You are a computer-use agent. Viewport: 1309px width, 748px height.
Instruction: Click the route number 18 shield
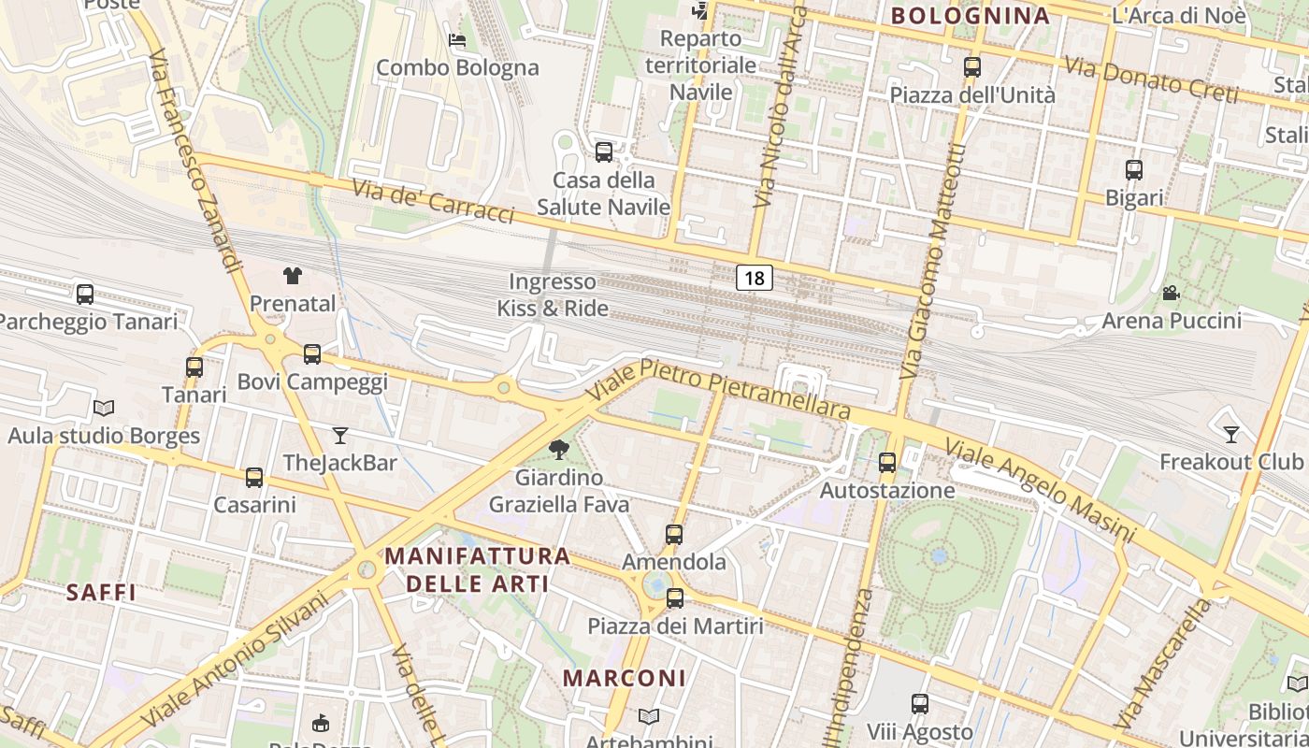755,278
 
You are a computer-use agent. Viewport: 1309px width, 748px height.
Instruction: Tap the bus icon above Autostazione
887,462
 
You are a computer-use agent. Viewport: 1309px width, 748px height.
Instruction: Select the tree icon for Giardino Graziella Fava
559,450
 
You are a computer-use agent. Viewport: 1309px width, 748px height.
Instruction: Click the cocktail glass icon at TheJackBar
340,435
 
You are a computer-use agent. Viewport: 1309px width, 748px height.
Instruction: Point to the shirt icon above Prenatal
293,275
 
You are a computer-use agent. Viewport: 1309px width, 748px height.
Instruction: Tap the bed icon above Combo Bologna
457,40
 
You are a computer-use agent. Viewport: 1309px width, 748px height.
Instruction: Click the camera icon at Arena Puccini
1171,293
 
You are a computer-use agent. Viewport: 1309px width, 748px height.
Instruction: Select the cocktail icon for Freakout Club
1231,434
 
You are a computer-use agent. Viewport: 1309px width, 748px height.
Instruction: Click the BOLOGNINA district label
970,15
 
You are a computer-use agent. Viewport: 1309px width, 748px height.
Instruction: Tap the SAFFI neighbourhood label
101,592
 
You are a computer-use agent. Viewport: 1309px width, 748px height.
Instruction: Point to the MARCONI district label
625,678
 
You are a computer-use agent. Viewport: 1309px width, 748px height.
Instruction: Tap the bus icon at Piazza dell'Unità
972,67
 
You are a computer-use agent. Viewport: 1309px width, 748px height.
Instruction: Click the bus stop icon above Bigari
1134,170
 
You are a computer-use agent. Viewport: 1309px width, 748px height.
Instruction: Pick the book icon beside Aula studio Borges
104,409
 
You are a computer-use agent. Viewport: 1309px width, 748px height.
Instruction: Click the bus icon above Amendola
674,535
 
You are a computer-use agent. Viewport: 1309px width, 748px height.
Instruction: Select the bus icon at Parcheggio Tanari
85,295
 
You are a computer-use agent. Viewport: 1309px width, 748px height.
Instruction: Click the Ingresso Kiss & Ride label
553,295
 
